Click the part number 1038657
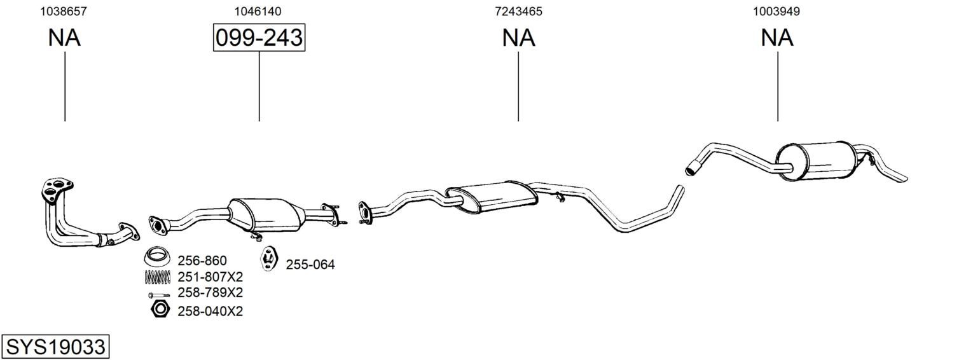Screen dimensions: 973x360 pyautogui.click(x=64, y=11)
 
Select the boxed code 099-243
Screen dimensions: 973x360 pyautogui.click(x=259, y=38)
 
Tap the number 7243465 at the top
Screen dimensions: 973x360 pyautogui.click(x=519, y=11)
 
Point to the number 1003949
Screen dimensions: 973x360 pyautogui.click(x=776, y=11)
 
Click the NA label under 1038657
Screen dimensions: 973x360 pyautogui.click(x=64, y=38)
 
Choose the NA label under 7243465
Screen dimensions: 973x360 pyautogui.click(x=519, y=38)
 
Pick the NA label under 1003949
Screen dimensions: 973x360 pyautogui.click(x=777, y=38)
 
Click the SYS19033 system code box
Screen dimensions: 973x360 pyautogui.click(x=55, y=347)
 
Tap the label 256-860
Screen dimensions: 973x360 pyautogui.click(x=202, y=261)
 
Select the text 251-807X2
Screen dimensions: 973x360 pyautogui.click(x=210, y=277)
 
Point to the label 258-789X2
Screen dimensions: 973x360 pyautogui.click(x=210, y=292)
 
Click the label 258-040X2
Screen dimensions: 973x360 pyautogui.click(x=210, y=312)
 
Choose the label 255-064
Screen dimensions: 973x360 pyautogui.click(x=310, y=265)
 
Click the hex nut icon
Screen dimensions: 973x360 pyautogui.click(x=160, y=309)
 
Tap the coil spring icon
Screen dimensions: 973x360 pyautogui.click(x=157, y=277)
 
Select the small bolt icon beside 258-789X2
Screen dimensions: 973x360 pyautogui.click(x=158, y=295)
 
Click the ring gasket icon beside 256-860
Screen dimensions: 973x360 pyautogui.click(x=156, y=256)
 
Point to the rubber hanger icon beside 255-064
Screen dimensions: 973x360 pyautogui.click(x=269, y=258)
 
